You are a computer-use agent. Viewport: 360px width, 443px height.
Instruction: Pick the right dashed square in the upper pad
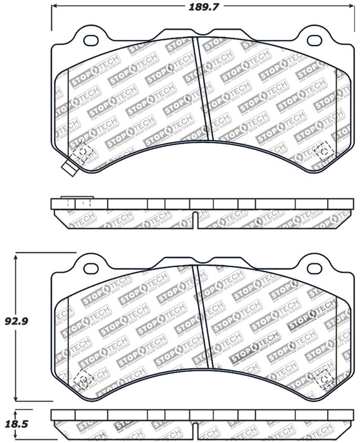click(x=323, y=150)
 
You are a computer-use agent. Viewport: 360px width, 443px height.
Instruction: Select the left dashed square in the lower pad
click(x=82, y=378)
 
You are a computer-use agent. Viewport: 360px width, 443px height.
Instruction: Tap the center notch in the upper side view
click(x=197, y=219)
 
